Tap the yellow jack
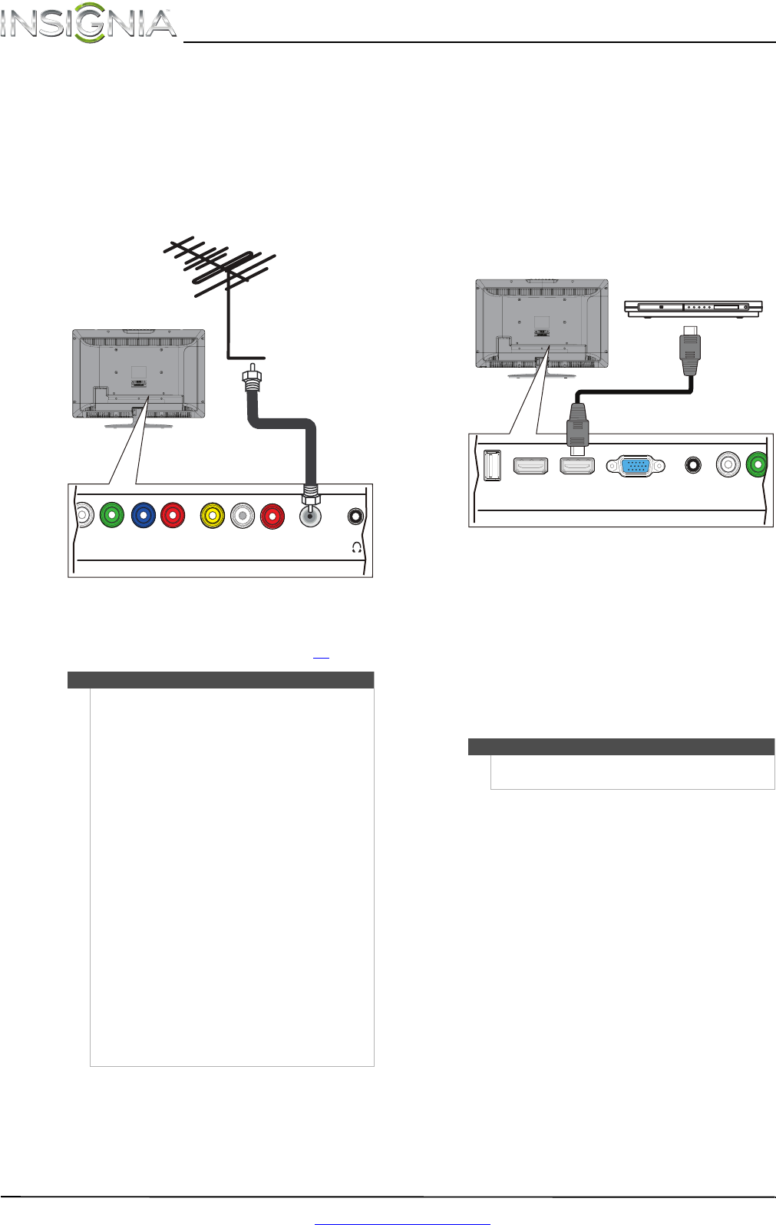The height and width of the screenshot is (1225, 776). click(x=212, y=516)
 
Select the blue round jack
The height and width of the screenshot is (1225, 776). click(x=143, y=516)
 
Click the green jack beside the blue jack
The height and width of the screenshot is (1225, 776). click(x=112, y=516)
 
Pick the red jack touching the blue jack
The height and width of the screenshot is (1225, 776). click(x=173, y=516)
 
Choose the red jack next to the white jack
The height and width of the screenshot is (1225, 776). click(x=272, y=516)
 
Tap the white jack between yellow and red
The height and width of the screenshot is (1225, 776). click(x=243, y=516)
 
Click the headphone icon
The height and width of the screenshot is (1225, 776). click(x=355, y=547)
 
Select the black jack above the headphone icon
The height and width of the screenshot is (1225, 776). click(x=355, y=516)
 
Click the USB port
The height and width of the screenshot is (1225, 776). click(x=492, y=465)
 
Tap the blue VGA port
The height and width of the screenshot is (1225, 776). click(x=635, y=465)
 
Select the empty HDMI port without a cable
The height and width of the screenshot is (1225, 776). click(x=530, y=465)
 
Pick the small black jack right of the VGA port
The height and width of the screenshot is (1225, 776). click(x=694, y=465)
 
